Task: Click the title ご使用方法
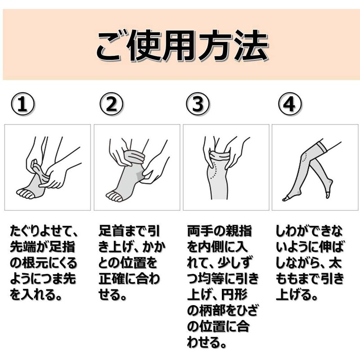click(x=182, y=45)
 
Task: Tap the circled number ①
click(x=22, y=104)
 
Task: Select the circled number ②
click(x=111, y=104)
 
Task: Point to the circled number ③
click(x=198, y=104)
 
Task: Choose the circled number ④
click(x=290, y=104)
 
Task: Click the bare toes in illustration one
click(x=25, y=193)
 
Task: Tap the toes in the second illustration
click(x=114, y=196)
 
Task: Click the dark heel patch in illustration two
click(x=140, y=176)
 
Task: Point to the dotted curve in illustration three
click(x=215, y=171)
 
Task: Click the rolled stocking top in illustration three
click(x=220, y=155)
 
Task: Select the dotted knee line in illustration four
click(x=305, y=157)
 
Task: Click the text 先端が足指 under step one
click(x=43, y=247)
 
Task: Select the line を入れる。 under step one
click(x=36, y=295)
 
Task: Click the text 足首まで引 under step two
click(x=129, y=231)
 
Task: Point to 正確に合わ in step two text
click(x=129, y=279)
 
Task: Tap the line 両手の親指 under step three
click(x=220, y=231)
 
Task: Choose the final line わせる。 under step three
click(x=207, y=342)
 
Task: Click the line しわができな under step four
click(x=309, y=231)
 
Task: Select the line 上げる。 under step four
click(x=297, y=295)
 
